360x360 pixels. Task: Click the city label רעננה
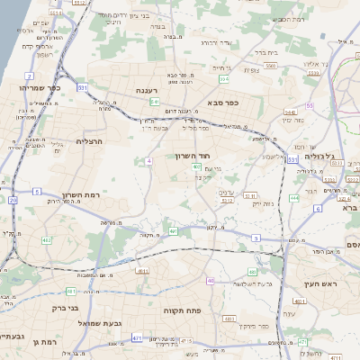[x=147, y=91]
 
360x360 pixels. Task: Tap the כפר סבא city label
[x=220, y=103]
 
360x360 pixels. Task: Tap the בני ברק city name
[x=61, y=306]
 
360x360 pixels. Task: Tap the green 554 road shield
[x=220, y=79]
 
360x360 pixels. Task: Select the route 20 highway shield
[x=13, y=201]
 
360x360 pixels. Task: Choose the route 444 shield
[x=294, y=197]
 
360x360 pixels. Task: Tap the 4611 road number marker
[x=143, y=270]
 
